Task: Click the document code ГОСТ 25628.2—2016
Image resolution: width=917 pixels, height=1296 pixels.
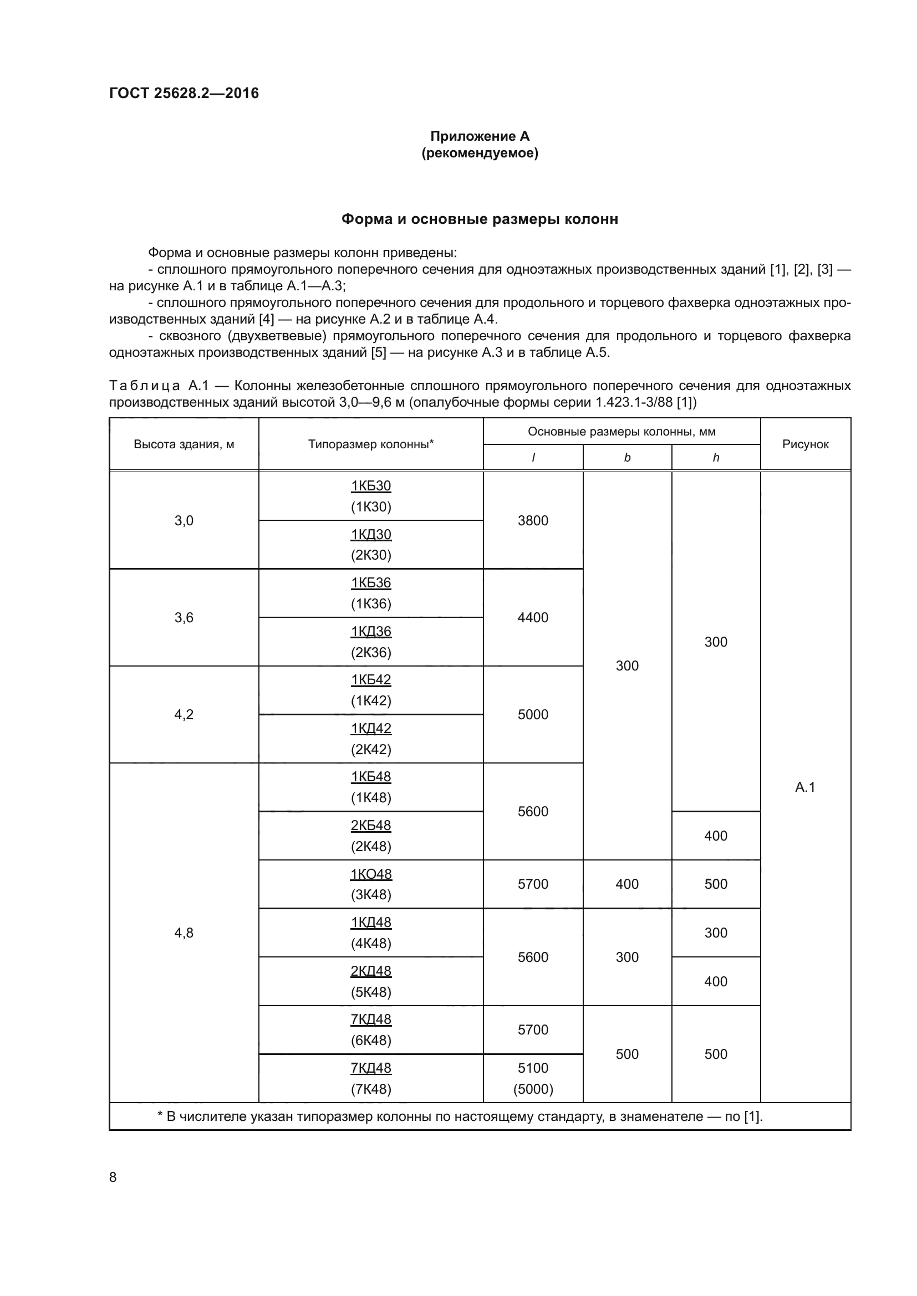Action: click(184, 93)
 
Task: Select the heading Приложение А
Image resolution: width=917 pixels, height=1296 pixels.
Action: click(480, 136)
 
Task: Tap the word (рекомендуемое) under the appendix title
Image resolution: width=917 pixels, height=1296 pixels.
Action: click(480, 153)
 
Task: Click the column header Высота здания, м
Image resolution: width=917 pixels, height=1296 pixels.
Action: click(184, 444)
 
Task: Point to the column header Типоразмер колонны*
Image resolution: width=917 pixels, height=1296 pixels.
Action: click(370, 444)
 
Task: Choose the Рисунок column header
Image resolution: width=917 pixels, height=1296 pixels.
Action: click(804, 444)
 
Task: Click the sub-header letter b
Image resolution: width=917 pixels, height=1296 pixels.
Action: click(627, 458)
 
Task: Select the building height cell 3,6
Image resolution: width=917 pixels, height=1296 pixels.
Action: click(184, 617)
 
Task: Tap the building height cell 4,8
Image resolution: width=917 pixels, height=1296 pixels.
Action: click(184, 933)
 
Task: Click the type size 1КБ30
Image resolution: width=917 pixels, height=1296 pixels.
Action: click(370, 486)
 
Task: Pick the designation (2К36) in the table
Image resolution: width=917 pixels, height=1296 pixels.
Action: click(370, 653)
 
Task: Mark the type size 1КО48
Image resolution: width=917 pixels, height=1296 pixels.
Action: click(370, 874)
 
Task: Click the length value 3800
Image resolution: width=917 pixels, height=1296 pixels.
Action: click(532, 520)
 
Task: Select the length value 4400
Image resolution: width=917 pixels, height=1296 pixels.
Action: click(532, 617)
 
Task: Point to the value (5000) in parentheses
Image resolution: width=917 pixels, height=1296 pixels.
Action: click(532, 1089)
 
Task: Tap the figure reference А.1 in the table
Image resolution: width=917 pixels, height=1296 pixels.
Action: click(804, 787)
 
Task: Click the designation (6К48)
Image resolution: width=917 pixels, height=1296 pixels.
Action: click(370, 1039)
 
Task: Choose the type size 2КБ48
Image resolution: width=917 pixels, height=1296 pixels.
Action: click(370, 825)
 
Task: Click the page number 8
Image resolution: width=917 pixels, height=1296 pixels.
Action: click(113, 1177)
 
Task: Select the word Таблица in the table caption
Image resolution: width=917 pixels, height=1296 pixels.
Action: click(145, 386)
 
